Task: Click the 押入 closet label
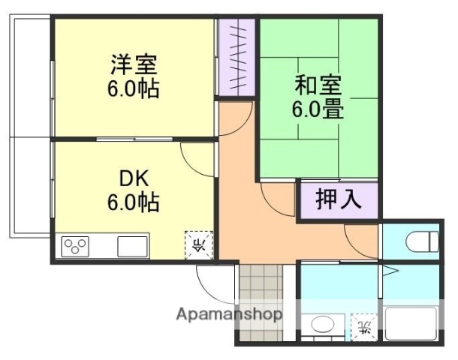coord(338,200)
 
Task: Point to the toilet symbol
coord(421,242)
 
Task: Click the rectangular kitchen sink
coord(132,245)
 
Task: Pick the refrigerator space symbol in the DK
coord(198,244)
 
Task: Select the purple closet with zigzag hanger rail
coord(237,57)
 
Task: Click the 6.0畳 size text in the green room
coord(318,109)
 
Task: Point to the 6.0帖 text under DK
coord(133,203)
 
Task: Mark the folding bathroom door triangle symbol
coord(388,271)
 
